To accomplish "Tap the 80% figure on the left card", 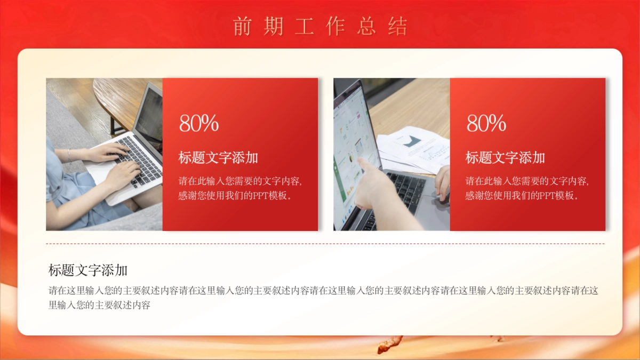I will point(199,124).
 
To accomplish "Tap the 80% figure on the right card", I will point(486,124).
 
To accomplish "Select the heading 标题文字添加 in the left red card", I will point(218,158).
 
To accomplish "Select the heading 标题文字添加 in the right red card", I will point(505,158).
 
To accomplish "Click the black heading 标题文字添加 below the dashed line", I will point(88,270).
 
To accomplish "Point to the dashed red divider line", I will point(325,244).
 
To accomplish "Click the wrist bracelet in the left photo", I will point(69,155).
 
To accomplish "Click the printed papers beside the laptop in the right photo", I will point(413,147).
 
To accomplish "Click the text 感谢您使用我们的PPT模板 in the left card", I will point(235,196).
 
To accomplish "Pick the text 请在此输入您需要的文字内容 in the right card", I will point(526,181).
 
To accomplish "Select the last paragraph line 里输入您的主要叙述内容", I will point(99,306).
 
